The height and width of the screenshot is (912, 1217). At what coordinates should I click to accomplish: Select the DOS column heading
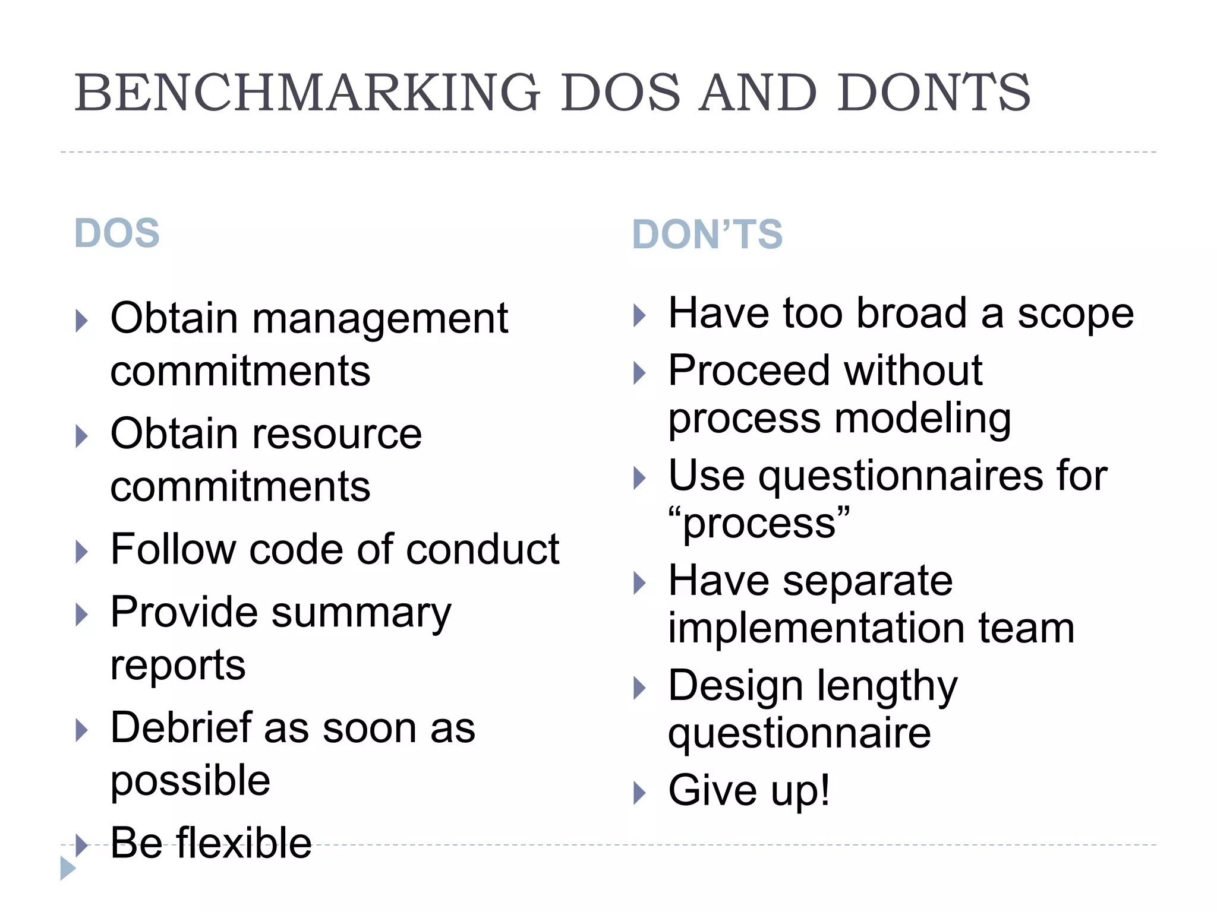(x=117, y=233)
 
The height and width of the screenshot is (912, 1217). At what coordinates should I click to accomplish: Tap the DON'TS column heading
(x=707, y=234)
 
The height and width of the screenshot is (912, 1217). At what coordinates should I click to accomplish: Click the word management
(x=380, y=319)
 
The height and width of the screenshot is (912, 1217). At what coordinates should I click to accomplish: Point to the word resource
(x=338, y=434)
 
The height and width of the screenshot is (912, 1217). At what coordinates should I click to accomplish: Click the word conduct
(x=483, y=549)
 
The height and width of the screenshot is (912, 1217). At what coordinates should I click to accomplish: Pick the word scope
(x=1076, y=314)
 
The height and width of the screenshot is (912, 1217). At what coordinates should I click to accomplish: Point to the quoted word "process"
(x=759, y=523)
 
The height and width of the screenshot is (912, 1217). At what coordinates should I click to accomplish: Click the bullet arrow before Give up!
(x=639, y=792)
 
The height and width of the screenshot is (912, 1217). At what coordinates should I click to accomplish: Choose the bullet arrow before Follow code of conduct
(x=82, y=552)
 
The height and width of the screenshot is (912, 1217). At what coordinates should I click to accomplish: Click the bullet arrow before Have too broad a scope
(x=639, y=315)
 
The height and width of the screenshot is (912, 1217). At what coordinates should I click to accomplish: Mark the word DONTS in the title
(x=934, y=93)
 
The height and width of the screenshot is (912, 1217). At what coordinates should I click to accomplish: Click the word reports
(x=178, y=665)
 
